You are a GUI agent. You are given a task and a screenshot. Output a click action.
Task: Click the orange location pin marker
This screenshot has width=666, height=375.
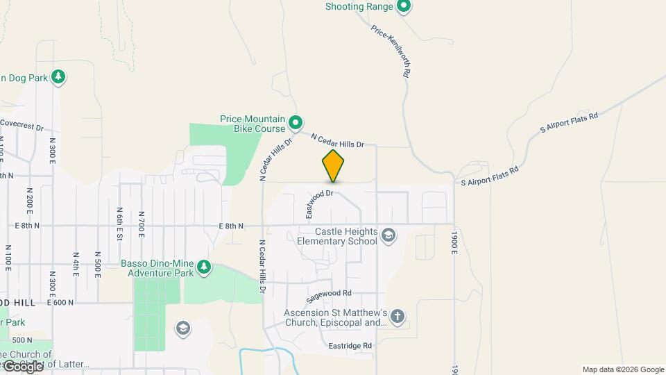[333, 166]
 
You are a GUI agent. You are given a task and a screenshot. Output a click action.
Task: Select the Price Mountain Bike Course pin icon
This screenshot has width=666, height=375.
[296, 123]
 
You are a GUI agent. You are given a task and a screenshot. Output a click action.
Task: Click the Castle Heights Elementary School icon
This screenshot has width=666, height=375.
[388, 236]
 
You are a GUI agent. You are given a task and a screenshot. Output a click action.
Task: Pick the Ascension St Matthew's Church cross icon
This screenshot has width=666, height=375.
[398, 317]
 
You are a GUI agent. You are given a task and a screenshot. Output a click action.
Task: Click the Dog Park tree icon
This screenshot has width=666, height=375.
[59, 77]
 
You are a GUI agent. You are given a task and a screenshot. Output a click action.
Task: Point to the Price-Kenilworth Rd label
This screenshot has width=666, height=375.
[391, 51]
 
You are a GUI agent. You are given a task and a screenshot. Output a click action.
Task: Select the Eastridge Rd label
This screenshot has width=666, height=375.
[350, 345]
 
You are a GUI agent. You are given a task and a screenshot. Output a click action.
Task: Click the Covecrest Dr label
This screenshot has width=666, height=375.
[22, 125]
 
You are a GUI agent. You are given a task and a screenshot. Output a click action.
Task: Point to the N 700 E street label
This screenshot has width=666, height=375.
[142, 224]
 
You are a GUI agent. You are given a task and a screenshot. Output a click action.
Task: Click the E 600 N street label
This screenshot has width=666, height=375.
[61, 303]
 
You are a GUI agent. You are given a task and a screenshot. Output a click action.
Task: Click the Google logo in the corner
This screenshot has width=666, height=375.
[23, 366]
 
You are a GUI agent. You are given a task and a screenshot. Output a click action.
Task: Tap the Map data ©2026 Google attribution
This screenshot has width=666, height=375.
[622, 369]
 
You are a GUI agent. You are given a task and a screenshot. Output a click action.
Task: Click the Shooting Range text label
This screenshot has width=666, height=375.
[354, 7]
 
